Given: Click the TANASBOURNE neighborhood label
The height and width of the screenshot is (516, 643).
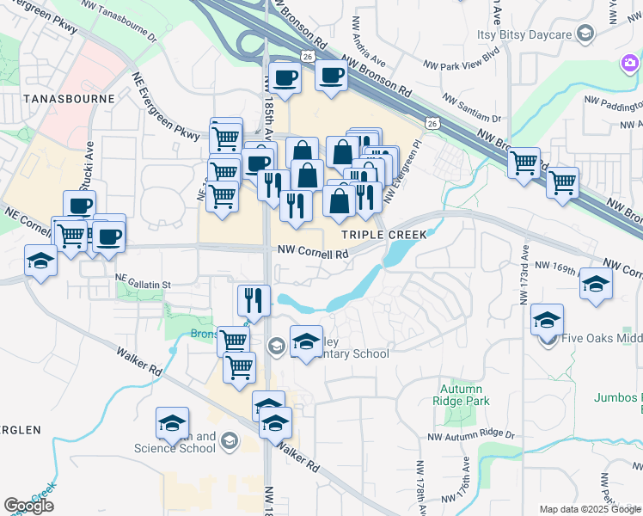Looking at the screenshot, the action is point(58,98).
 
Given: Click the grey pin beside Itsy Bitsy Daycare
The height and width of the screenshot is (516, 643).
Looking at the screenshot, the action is point(585,34).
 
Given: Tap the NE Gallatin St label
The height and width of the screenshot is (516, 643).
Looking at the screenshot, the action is point(144,282).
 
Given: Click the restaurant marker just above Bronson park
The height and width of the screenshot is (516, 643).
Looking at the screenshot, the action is point(254,299).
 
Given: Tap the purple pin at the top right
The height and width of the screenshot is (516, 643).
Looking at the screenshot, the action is point(630,63).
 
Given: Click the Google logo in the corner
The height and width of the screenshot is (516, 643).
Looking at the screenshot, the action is point(28,506).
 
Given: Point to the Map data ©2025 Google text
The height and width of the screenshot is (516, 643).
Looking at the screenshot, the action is point(590,509).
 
